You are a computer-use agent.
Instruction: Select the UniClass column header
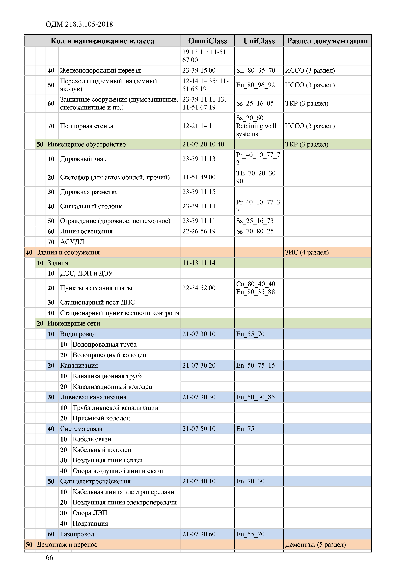pos(259,41)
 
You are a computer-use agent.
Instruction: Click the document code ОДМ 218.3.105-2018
pos(79,24)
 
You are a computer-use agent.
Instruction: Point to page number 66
pos(49,557)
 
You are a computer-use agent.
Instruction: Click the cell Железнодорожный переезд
pos(100,70)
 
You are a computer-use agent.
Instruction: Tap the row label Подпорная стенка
pos(86,126)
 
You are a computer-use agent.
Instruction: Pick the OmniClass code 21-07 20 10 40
pos(203,144)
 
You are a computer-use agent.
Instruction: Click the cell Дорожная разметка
pos(89,192)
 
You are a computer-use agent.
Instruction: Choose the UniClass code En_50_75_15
pos(255,365)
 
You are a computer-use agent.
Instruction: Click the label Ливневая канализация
pos(93,397)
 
